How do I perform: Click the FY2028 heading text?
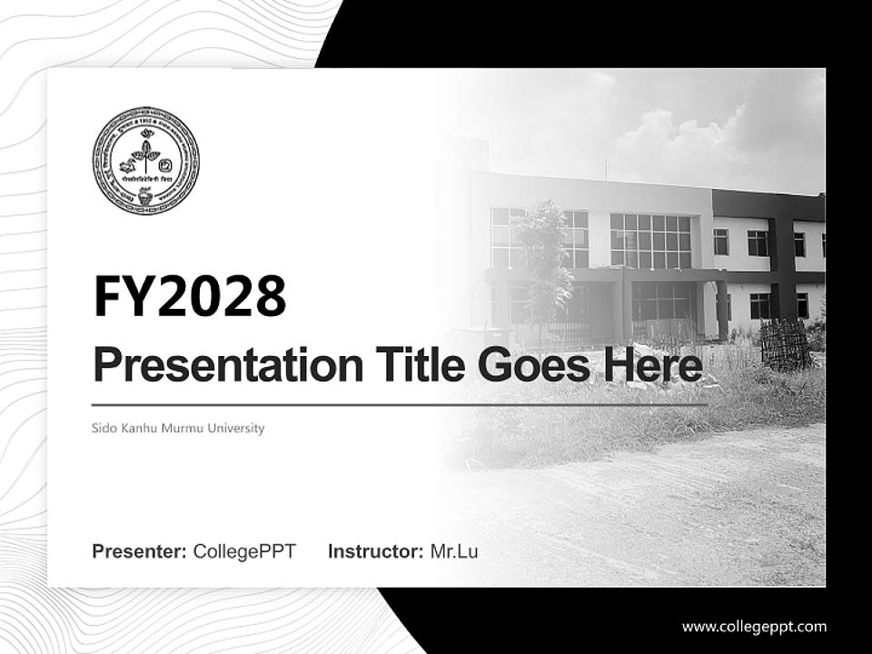(190, 297)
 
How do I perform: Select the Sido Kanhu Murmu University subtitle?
(178, 428)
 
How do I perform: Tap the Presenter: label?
(140, 551)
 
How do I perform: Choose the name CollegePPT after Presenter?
(244, 551)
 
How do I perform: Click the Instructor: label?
(375, 551)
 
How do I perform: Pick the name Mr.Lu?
(454, 551)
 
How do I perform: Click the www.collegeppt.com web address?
(754, 626)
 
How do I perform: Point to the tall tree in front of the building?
(542, 254)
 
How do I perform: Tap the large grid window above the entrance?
(650, 241)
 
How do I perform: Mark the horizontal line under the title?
(400, 405)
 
